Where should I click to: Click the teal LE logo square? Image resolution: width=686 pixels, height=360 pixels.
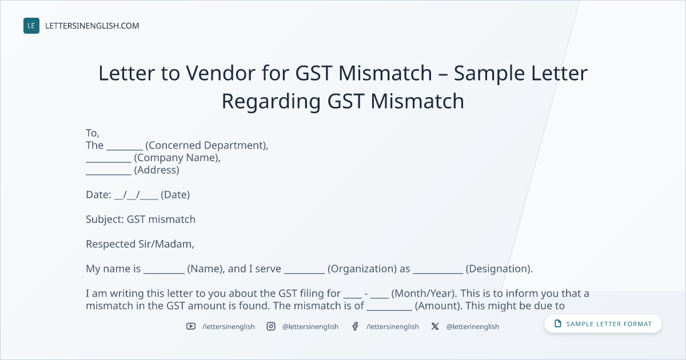pyautogui.click(x=31, y=26)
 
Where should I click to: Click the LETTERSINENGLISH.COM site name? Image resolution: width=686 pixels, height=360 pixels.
pyautogui.click(x=92, y=26)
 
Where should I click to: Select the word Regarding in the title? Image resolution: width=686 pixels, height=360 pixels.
pyautogui.click(x=271, y=102)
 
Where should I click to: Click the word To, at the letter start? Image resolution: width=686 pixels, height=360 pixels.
pyautogui.click(x=93, y=133)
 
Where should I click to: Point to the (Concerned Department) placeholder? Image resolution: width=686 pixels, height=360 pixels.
pyautogui.click(x=207, y=145)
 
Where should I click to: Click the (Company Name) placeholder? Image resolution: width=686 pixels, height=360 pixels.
pyautogui.click(x=177, y=158)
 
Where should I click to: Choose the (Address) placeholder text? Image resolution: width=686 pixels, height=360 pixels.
pyautogui.click(x=157, y=170)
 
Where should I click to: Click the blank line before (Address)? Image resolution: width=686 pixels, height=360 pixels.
pyautogui.click(x=109, y=174)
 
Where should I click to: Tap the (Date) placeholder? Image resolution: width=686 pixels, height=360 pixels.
pyautogui.click(x=175, y=195)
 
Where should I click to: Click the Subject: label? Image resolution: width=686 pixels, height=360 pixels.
pyautogui.click(x=105, y=219)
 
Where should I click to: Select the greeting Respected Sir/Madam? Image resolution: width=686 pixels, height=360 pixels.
pyautogui.click(x=140, y=244)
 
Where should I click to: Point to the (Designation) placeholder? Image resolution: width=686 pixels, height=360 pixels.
pyautogui.click(x=499, y=269)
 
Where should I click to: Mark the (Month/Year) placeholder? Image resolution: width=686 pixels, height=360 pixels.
pyautogui.click(x=424, y=293)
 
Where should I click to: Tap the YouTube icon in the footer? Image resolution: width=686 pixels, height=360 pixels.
pyautogui.click(x=191, y=326)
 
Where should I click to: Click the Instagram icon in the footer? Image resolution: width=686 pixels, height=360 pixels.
pyautogui.click(x=271, y=326)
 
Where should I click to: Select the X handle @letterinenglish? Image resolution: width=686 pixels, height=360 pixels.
pyautogui.click(x=473, y=327)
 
